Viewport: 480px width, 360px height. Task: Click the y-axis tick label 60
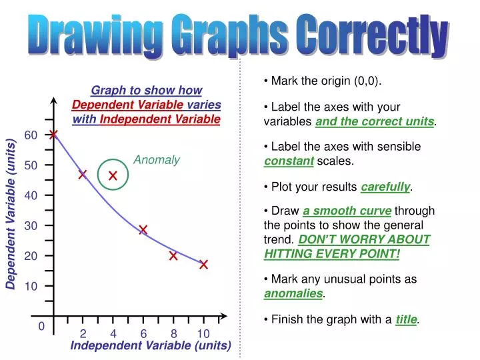point(31,135)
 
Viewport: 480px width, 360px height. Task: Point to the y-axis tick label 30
point(31,226)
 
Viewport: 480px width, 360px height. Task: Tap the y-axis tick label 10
point(31,287)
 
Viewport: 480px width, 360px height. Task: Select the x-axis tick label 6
point(143,334)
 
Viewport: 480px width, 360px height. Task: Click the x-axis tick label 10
point(203,334)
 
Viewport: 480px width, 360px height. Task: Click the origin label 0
point(41,327)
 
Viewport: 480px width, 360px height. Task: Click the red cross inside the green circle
point(113,176)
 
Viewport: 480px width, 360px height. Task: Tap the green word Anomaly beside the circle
point(157,160)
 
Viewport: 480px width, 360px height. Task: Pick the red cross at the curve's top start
point(53,135)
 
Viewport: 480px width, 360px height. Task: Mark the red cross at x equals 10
point(203,265)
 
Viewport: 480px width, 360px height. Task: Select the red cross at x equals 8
point(173,255)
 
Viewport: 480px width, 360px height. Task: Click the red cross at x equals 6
point(143,230)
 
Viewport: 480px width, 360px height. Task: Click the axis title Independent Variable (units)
point(151,346)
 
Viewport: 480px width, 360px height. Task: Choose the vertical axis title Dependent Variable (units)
point(11,214)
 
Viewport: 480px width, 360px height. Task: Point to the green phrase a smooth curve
point(347,211)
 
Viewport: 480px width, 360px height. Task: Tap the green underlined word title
point(406,320)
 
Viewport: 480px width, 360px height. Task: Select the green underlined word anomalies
point(293,293)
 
